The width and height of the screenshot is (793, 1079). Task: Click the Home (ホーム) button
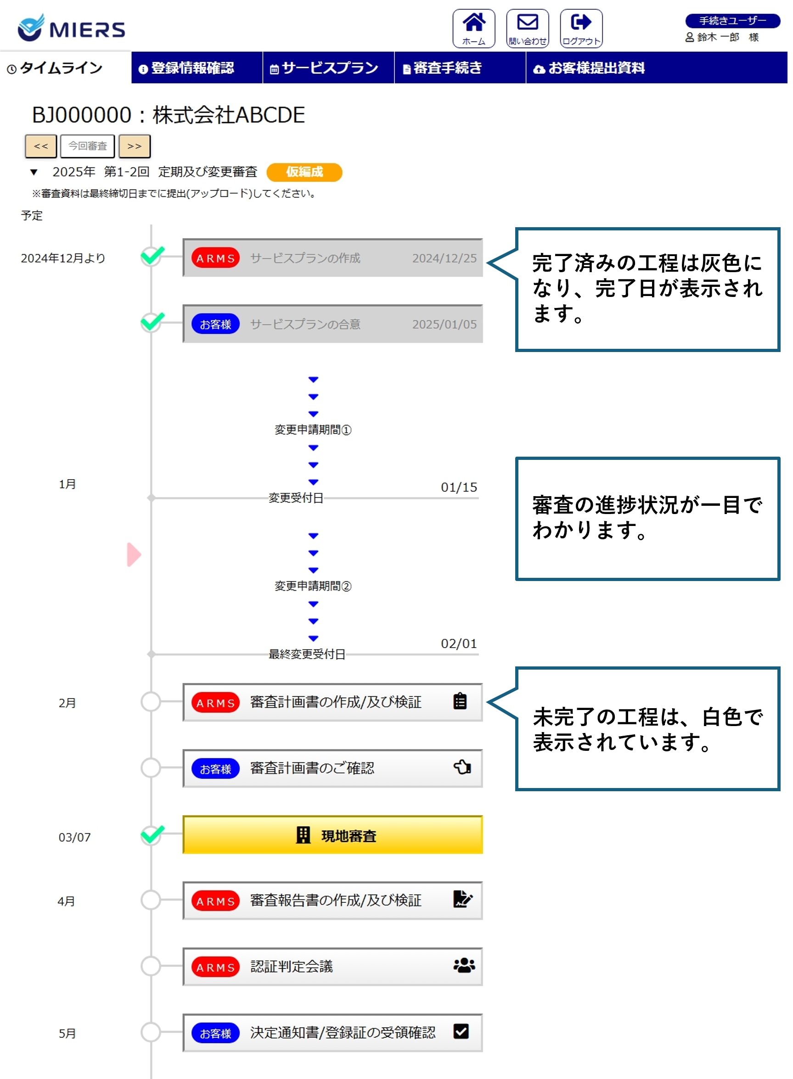click(473, 28)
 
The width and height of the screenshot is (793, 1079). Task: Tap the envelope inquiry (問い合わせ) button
click(527, 28)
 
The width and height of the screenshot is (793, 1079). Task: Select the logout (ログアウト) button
click(581, 28)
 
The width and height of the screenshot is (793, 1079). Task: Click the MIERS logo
click(71, 28)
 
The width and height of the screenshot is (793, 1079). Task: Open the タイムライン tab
click(55, 68)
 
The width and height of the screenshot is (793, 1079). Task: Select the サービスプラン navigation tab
click(325, 68)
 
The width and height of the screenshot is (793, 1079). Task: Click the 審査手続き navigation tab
click(443, 68)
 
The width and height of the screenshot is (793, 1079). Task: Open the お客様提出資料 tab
click(590, 68)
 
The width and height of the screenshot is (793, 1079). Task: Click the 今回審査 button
click(87, 146)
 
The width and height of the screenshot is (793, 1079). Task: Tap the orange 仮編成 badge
click(304, 172)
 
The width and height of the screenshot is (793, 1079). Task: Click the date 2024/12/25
click(444, 258)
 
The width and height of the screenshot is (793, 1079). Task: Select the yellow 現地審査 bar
click(332, 835)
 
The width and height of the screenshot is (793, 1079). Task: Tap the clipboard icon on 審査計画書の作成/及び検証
click(460, 701)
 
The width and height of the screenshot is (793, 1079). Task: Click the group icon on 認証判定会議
click(464, 965)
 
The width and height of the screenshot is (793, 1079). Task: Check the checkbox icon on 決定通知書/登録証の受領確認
click(461, 1032)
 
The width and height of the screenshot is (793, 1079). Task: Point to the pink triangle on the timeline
click(134, 554)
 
